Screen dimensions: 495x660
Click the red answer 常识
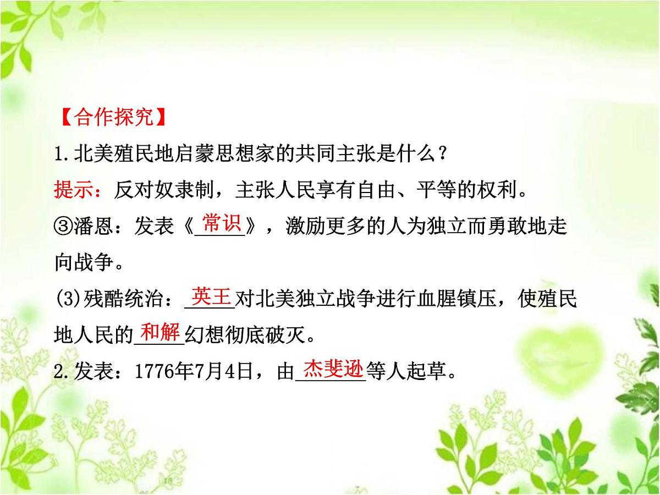pyautogui.click(x=221, y=224)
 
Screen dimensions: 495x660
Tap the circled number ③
pyautogui.click(x=63, y=227)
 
